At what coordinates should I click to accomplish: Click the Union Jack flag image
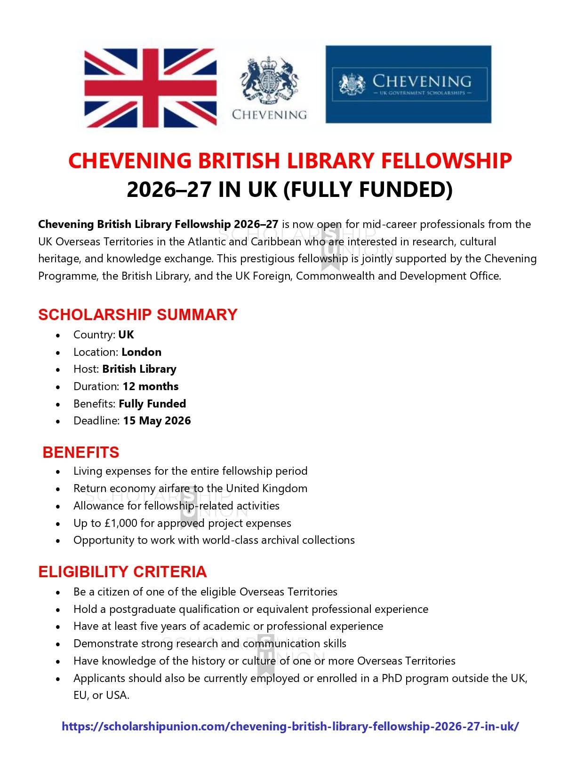(x=150, y=88)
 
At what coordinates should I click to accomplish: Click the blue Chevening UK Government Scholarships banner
(x=408, y=85)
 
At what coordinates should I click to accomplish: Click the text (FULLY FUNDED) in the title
(x=368, y=189)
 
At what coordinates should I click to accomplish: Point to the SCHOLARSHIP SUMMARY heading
(x=137, y=314)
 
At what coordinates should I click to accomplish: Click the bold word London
(x=141, y=352)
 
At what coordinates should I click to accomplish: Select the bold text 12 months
(x=151, y=386)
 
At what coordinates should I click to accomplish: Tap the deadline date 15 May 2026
(x=157, y=421)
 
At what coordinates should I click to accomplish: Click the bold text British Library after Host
(x=139, y=369)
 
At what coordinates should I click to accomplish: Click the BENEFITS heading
(x=80, y=452)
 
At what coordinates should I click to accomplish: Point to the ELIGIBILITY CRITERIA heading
(x=122, y=572)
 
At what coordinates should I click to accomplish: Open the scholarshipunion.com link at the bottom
(x=290, y=726)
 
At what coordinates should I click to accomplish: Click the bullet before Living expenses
(x=58, y=472)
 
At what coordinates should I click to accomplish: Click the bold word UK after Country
(x=126, y=335)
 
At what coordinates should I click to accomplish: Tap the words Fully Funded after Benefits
(x=152, y=404)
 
